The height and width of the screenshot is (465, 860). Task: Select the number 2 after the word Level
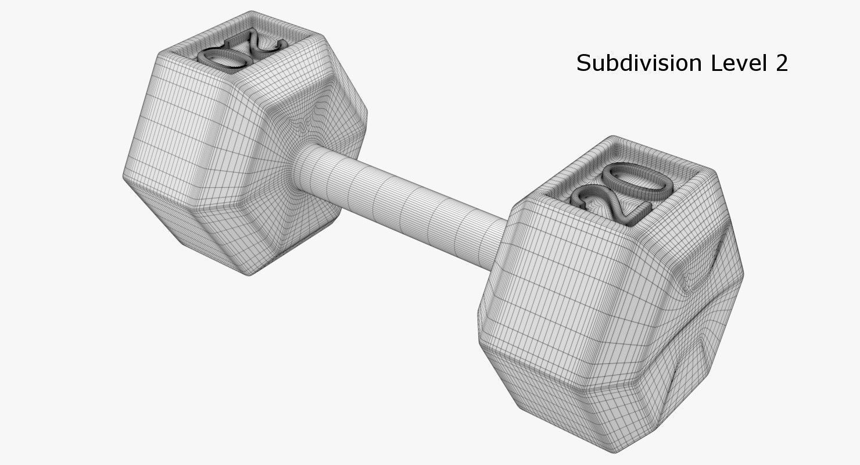click(780, 63)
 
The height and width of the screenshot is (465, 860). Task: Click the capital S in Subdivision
click(583, 63)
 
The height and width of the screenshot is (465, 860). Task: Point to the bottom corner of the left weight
click(250, 273)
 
